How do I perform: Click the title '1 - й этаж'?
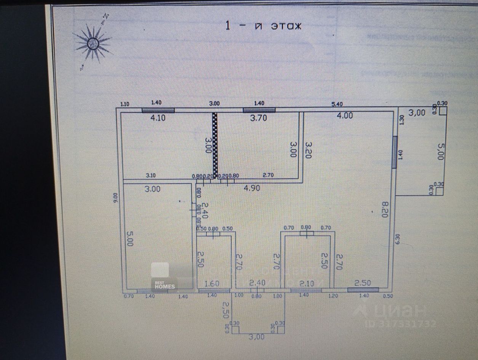(263, 26)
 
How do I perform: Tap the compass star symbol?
(93, 43)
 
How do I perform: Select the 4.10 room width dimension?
(158, 118)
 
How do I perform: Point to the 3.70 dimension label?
(258, 118)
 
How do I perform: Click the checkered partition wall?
(215, 145)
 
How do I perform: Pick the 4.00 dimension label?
(345, 115)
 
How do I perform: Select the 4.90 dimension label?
(253, 188)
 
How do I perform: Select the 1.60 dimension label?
(212, 283)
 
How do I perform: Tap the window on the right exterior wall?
(395, 152)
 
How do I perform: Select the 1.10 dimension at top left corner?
(125, 104)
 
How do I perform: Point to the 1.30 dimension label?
(400, 119)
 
